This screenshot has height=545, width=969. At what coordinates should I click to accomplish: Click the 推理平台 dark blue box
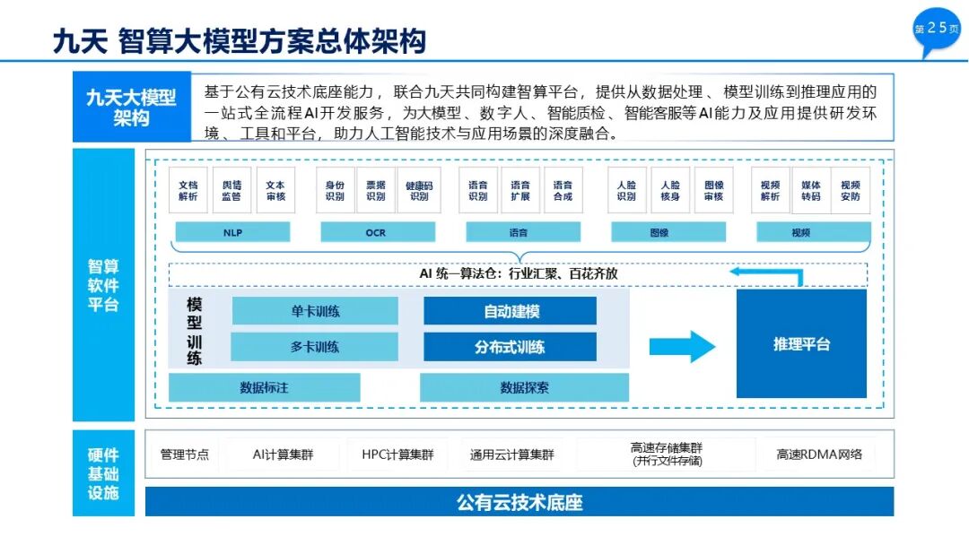801,343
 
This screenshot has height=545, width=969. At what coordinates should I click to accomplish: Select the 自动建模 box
510,311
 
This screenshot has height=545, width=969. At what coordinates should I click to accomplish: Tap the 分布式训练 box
510,347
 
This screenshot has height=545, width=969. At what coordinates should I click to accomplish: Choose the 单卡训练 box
315,311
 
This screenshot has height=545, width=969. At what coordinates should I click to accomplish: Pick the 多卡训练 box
315,347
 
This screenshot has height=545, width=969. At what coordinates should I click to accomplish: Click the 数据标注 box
264,387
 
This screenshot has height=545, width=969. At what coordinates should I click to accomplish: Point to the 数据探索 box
524,387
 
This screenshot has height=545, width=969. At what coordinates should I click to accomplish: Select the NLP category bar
232,232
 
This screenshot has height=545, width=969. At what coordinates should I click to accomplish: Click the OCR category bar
375,232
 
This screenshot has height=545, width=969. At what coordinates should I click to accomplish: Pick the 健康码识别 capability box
419,190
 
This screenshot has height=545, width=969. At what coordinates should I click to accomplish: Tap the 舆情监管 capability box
231,190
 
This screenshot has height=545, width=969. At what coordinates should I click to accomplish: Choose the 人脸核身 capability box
669,190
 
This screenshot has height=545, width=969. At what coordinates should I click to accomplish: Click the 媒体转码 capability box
810,190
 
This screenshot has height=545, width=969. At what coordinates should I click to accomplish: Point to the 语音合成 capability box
563,190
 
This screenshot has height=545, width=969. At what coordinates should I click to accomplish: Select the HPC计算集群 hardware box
397,454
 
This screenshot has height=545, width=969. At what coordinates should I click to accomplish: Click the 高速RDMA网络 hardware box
819,454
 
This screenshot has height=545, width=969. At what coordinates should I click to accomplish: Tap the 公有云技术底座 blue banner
519,502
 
